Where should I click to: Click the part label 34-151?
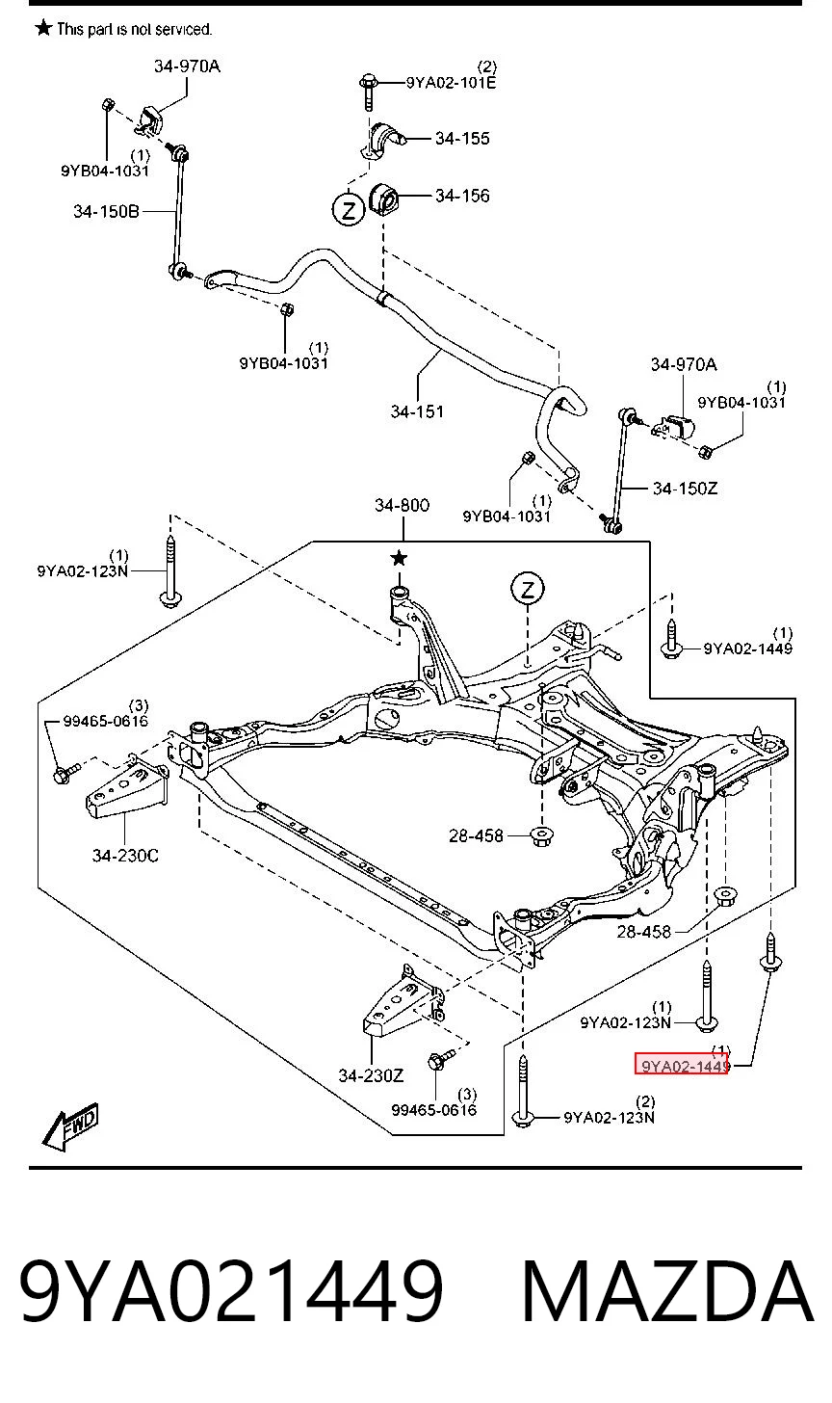[x=417, y=411]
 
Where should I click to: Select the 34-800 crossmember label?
[x=402, y=505]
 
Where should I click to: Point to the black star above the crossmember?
[x=399, y=557]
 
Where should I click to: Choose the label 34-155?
[x=462, y=138]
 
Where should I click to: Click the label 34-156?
[x=462, y=196]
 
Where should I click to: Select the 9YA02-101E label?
[x=451, y=82]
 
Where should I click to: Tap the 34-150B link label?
[x=106, y=211]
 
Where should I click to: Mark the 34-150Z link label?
[x=685, y=488]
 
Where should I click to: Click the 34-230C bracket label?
[x=125, y=855]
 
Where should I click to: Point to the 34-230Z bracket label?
[x=371, y=1075]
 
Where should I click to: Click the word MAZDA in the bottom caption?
[x=667, y=1291]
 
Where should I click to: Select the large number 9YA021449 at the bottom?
[x=232, y=1291]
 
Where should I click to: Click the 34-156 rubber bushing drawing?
[x=384, y=198]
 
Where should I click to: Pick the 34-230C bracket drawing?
[x=127, y=788]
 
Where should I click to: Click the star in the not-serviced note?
[x=43, y=28]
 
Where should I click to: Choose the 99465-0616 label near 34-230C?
[x=105, y=721]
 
